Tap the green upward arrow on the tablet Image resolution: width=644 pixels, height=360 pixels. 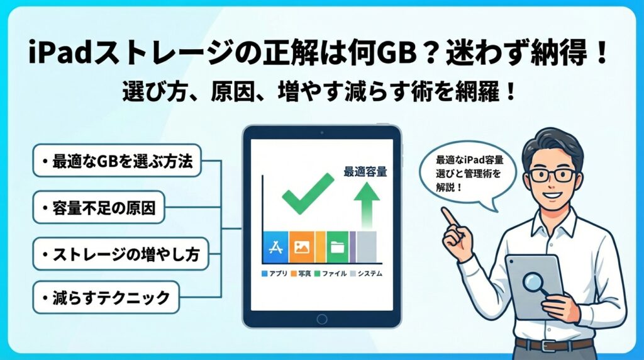pyautogui.click(x=367, y=205)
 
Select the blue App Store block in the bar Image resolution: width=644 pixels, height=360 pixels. pyautogui.click(x=275, y=247)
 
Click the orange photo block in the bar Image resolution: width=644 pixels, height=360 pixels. pyautogui.click(x=302, y=247)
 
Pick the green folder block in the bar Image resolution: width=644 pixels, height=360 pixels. pyautogui.click(x=337, y=247)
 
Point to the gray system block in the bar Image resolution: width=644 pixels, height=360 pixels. pyautogui.click(x=367, y=247)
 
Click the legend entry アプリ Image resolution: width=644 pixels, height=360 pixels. pyautogui.click(x=274, y=273)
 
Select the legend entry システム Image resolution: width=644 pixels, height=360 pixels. pyautogui.click(x=367, y=273)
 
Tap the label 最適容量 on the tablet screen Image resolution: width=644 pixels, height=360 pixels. pyautogui.click(x=365, y=171)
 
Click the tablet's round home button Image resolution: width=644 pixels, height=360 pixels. pyautogui.click(x=322, y=319)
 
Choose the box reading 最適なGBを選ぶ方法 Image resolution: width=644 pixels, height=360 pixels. pyautogui.click(x=117, y=160)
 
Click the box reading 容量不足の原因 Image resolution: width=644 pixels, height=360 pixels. pyautogui.click(x=99, y=208)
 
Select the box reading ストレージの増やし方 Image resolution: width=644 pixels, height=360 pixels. pyautogui.click(x=121, y=254)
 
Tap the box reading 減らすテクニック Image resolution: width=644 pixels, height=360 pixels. pyautogui.click(x=106, y=297)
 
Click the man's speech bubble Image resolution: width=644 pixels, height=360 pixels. pyautogui.click(x=467, y=174)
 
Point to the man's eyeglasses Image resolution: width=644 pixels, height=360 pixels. pyautogui.click(x=552, y=175)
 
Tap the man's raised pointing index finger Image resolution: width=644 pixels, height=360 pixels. pyautogui.click(x=449, y=217)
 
